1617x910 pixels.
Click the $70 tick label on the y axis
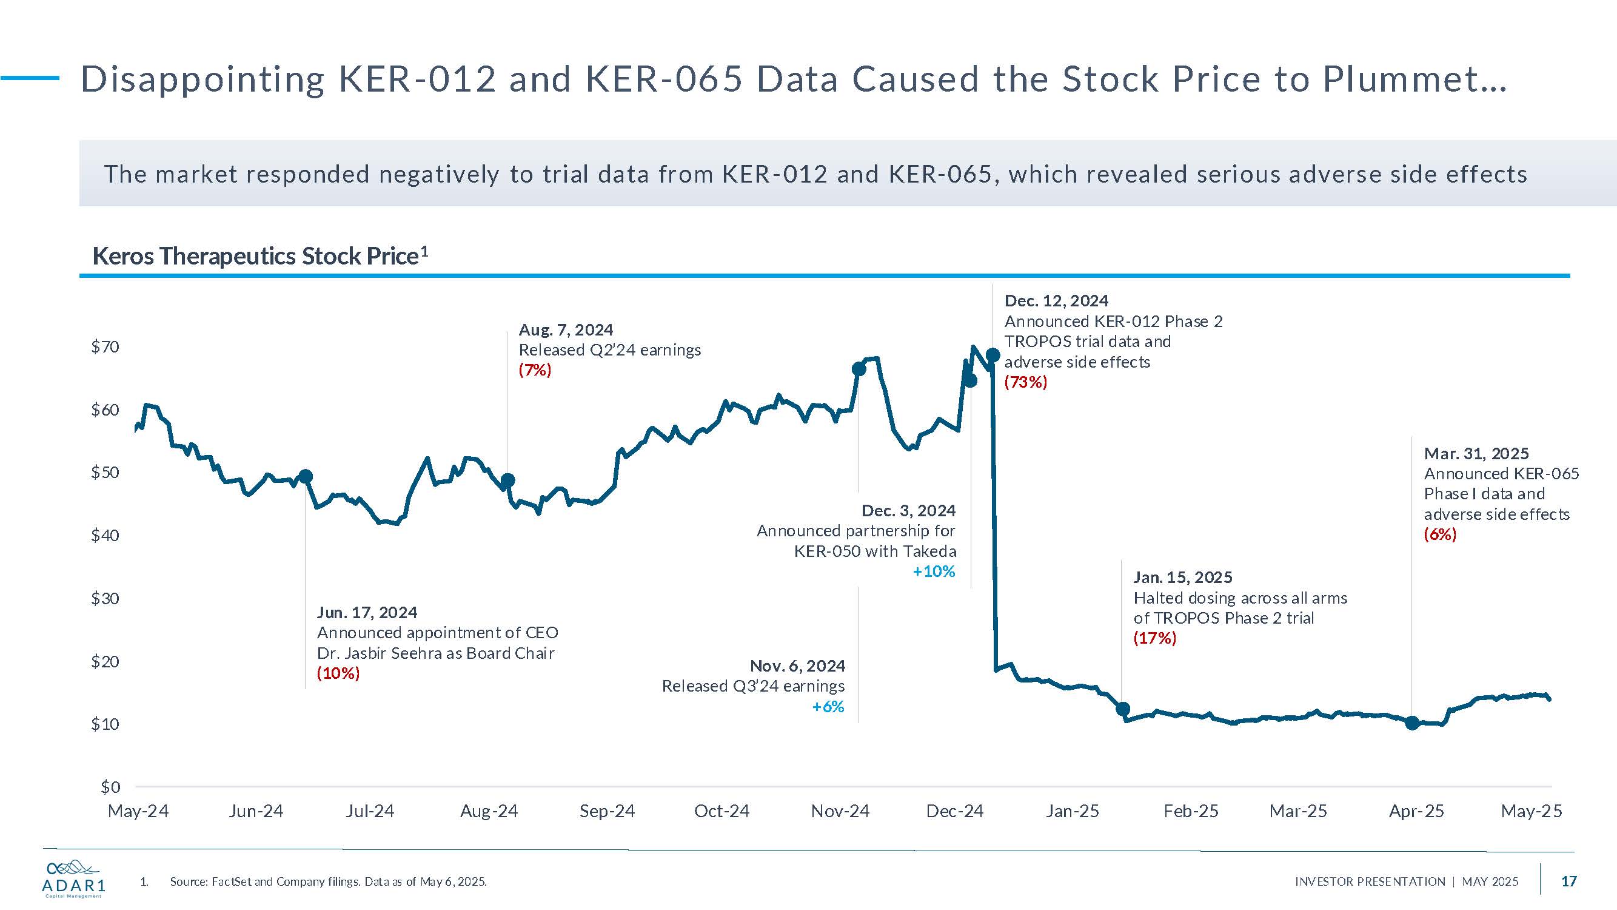click(105, 346)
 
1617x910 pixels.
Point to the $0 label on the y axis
click(110, 787)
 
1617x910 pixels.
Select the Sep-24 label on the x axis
click(607, 811)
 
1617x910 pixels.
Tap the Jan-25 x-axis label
click(1072, 811)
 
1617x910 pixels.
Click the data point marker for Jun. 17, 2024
click(306, 477)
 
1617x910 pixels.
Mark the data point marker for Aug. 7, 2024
click(508, 480)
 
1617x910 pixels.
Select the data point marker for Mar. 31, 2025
click(1412, 723)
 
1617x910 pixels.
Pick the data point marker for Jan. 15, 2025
click(1123, 709)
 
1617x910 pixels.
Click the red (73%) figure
click(1026, 382)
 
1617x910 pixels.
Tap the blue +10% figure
click(934, 571)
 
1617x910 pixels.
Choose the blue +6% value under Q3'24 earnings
click(828, 707)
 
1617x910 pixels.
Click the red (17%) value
click(1154, 638)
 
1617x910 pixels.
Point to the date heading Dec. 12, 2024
click(1056, 301)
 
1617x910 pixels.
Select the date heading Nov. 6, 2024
click(797, 666)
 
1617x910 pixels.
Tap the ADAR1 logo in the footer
click(73, 878)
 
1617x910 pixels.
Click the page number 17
click(1568, 881)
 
